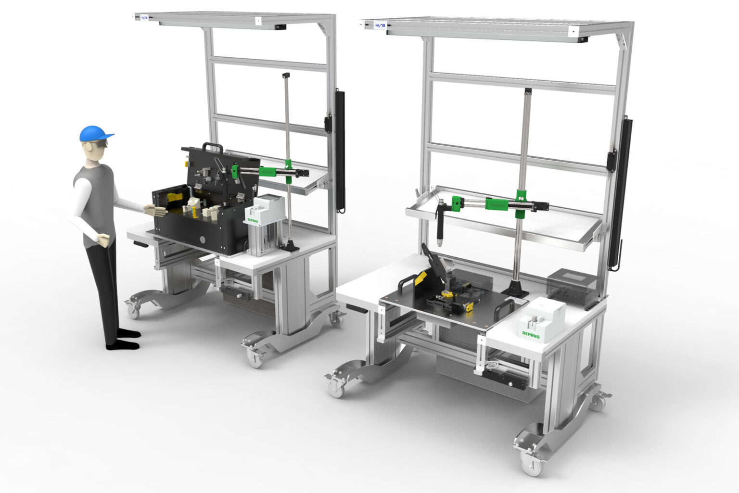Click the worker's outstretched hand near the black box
155,210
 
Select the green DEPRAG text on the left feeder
253,220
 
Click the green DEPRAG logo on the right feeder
531,333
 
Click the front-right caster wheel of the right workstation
531,465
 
